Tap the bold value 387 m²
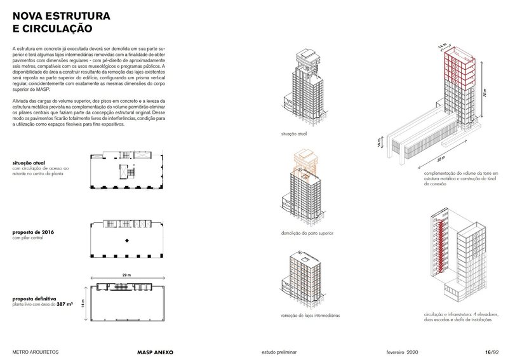[x=62, y=305]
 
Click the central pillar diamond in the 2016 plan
[x=126, y=239]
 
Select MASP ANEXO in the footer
[x=155, y=351]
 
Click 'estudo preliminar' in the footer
[x=279, y=351]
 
